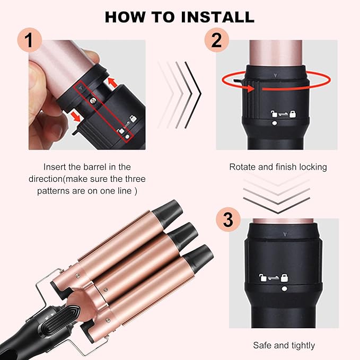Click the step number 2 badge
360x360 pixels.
pos(216,41)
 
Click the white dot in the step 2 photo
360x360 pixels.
pos(274,124)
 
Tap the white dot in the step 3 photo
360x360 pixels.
pos(285,289)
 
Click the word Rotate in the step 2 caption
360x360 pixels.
pos(243,167)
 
